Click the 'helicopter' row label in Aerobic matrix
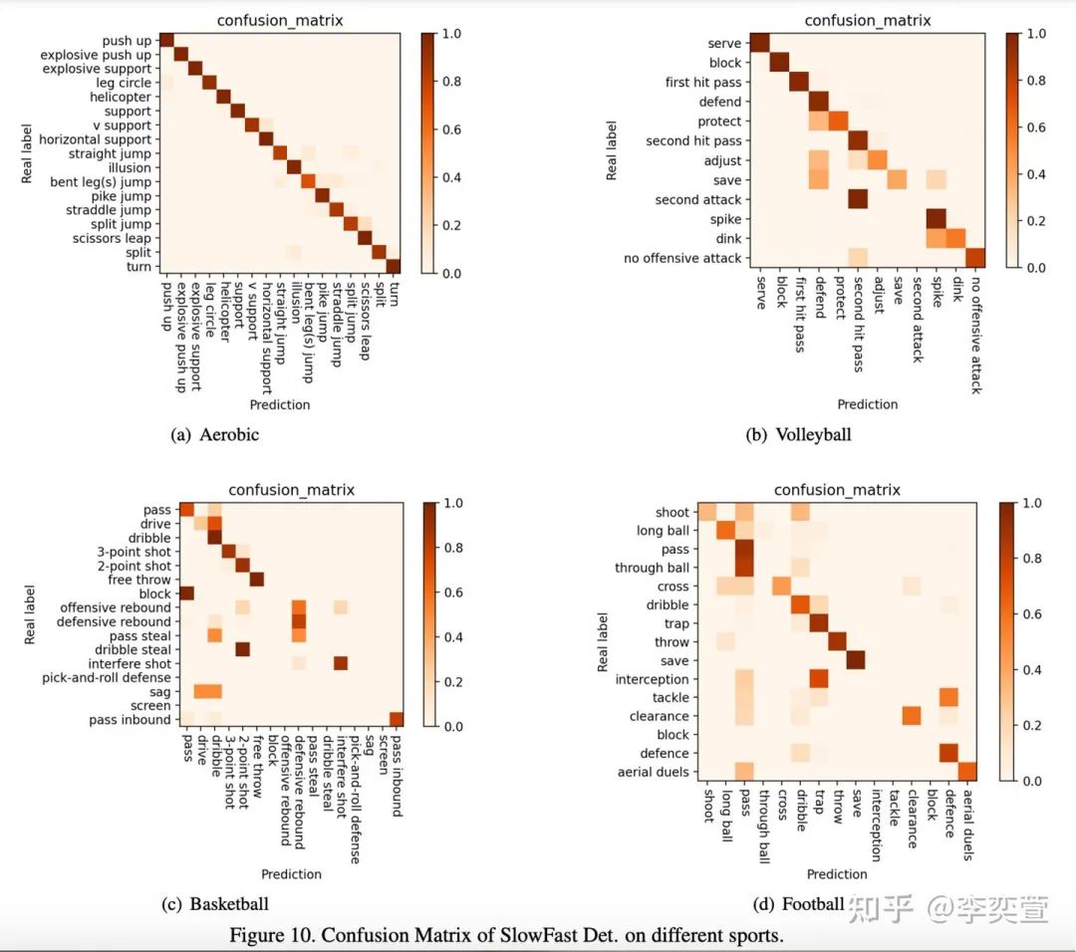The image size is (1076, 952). click(120, 98)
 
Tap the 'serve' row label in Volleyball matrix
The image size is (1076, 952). click(724, 44)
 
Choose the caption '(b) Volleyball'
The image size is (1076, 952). click(798, 434)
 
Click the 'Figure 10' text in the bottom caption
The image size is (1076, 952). click(266, 936)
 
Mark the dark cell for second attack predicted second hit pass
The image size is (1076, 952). click(857, 199)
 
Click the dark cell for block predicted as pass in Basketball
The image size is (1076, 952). click(186, 594)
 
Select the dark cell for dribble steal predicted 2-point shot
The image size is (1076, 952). click(242, 649)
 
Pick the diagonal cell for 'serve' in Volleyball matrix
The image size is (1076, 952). click(759, 43)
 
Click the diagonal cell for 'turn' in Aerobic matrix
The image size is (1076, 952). click(393, 266)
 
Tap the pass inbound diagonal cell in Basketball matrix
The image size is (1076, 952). click(397, 719)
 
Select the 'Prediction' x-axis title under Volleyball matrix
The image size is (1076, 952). click(867, 404)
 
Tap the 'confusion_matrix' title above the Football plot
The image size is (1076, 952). click(837, 490)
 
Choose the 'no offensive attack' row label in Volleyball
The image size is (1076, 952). click(682, 258)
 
